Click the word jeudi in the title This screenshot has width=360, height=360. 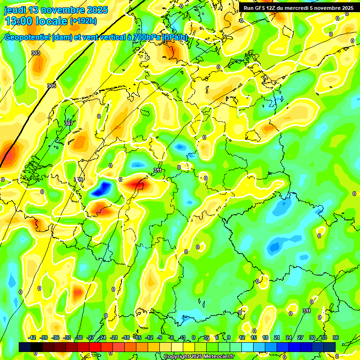pyautogui.click(x=15, y=10)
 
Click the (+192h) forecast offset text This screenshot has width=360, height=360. pyautogui.click(x=83, y=21)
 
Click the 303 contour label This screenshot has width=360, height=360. pyautogui.click(x=36, y=53)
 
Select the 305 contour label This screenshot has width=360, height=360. pyautogui.click(x=52, y=86)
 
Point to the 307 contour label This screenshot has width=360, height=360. pyautogui.click(x=69, y=123)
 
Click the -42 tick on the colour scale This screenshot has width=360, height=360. pyautogui.click(x=32, y=337)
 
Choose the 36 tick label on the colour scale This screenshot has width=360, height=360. pyautogui.click(x=336, y=337)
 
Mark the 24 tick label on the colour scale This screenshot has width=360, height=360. pyautogui.click(x=289, y=337)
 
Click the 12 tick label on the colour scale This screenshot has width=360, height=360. pyautogui.click(x=242, y=337)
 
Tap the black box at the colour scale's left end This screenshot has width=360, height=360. pyautogui.click(x=25, y=347)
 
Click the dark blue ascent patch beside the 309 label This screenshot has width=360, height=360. pyautogui.click(x=102, y=189)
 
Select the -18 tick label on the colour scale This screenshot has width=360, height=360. pyautogui.click(x=126, y=337)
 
